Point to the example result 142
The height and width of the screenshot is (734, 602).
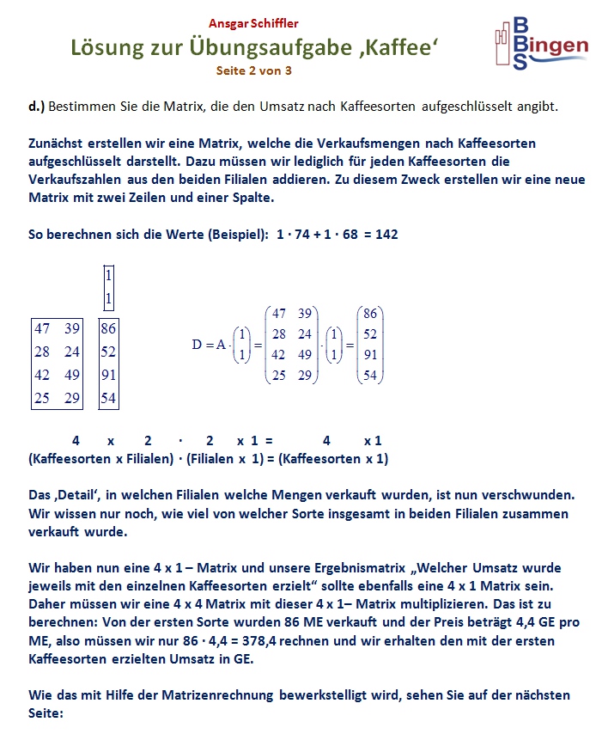pyautogui.click(x=386, y=234)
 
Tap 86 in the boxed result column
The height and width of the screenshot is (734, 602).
pyautogui.click(x=108, y=327)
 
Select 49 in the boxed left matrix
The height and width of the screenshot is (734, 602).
pyautogui.click(x=73, y=374)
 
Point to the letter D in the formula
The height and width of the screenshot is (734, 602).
pyautogui.click(x=197, y=345)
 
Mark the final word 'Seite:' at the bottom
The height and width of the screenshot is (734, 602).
pyautogui.click(x=46, y=713)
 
